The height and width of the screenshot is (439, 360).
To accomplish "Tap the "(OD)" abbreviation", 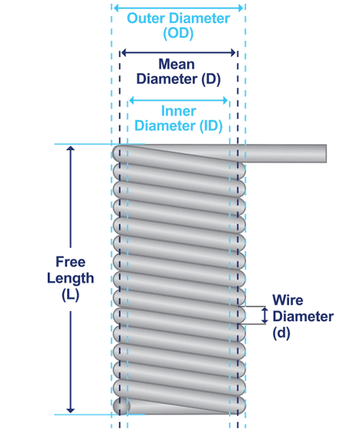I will (178, 34).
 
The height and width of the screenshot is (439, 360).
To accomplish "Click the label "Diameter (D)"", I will (177, 79).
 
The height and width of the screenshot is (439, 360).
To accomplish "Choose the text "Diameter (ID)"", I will (178, 126).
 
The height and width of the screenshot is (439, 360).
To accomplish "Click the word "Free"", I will (70, 263).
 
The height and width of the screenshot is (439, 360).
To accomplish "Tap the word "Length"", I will (70, 278).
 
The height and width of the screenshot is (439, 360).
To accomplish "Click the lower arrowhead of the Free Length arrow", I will (71, 409).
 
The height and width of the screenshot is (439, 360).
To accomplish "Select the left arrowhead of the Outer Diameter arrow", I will (116, 8).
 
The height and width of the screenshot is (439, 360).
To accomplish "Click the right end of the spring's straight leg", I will (324, 153).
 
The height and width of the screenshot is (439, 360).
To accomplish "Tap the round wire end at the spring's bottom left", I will (121, 406).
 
